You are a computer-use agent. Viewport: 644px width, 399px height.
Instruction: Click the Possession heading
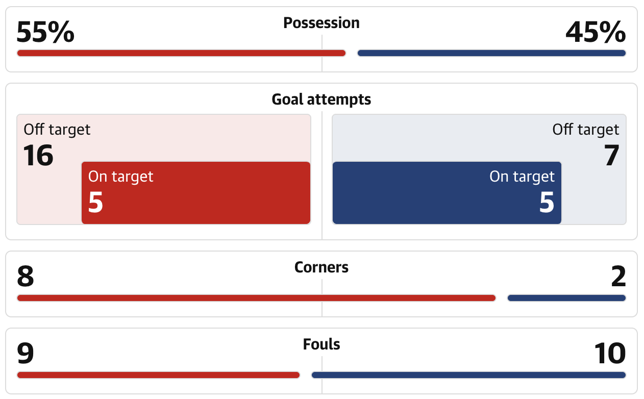click(x=321, y=23)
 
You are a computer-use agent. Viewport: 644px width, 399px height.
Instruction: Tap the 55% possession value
click(x=45, y=33)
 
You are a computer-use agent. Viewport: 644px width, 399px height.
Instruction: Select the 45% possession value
click(x=596, y=33)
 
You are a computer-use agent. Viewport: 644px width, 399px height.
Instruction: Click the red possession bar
click(x=181, y=53)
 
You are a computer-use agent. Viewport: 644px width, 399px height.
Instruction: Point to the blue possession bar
click(x=491, y=53)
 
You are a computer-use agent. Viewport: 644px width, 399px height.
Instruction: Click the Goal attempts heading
click(x=321, y=99)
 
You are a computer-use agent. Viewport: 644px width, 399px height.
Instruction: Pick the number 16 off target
click(x=38, y=156)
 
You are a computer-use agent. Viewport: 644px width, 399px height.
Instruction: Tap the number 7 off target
click(x=611, y=156)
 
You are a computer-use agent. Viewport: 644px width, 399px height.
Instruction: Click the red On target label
click(x=121, y=177)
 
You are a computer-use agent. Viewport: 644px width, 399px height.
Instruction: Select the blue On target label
click(x=522, y=177)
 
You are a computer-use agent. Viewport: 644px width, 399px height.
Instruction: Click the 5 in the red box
click(x=96, y=202)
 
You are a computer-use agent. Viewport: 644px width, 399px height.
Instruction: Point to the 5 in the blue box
click(x=547, y=202)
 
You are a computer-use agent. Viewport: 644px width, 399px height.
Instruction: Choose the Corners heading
click(x=321, y=267)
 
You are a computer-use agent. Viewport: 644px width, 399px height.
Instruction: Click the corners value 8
click(x=26, y=277)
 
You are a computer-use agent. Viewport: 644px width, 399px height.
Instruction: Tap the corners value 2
click(x=618, y=277)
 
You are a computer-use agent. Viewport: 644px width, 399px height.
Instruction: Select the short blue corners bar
click(x=566, y=298)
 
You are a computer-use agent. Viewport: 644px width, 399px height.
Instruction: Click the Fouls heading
click(x=321, y=344)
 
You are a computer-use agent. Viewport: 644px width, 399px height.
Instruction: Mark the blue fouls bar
click(x=468, y=375)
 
